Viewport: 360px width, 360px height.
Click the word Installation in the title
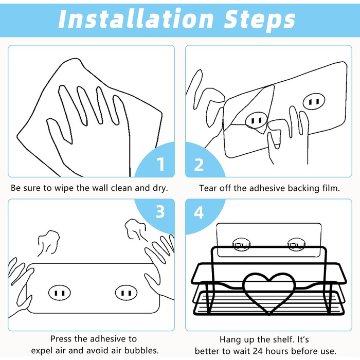[136, 19]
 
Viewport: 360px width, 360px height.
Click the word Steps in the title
[260, 20]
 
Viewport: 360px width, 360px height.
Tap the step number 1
[161, 164]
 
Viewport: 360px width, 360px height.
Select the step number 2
[199, 165]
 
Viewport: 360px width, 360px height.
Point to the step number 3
[160, 211]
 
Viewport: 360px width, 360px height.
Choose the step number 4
[199, 212]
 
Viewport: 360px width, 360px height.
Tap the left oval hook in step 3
[60, 293]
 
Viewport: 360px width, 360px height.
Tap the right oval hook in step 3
[126, 293]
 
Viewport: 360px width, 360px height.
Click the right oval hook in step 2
[314, 102]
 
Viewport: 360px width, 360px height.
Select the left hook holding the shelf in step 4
[241, 244]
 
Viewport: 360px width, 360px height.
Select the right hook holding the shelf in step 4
[296, 244]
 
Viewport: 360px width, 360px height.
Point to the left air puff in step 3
[49, 242]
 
